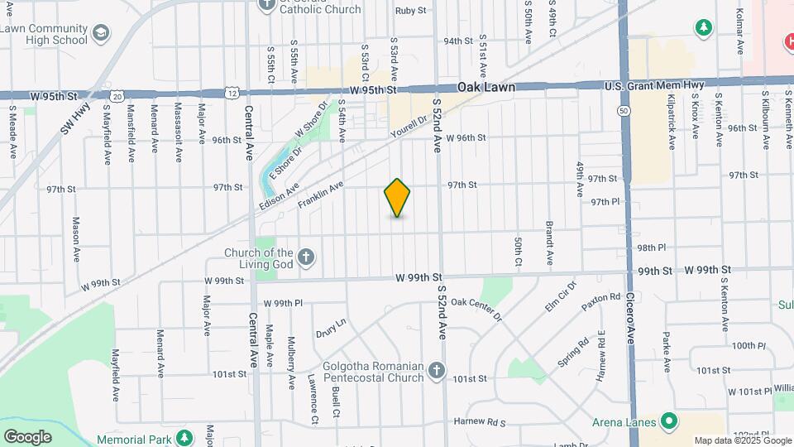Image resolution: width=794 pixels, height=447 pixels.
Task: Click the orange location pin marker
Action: [x=397, y=198]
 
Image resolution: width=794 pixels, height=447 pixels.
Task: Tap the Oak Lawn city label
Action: [x=487, y=87]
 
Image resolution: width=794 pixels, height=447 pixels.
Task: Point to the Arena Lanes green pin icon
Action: [x=668, y=422]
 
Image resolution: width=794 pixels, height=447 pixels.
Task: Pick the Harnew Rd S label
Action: [x=479, y=422]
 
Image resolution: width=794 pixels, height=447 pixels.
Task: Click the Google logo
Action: [x=27, y=436]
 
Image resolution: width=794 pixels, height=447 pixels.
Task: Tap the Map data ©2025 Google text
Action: [x=741, y=440]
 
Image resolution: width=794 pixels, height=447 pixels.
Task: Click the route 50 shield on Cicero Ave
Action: [x=622, y=109]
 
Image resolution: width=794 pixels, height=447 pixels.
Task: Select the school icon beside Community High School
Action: [x=101, y=33]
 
